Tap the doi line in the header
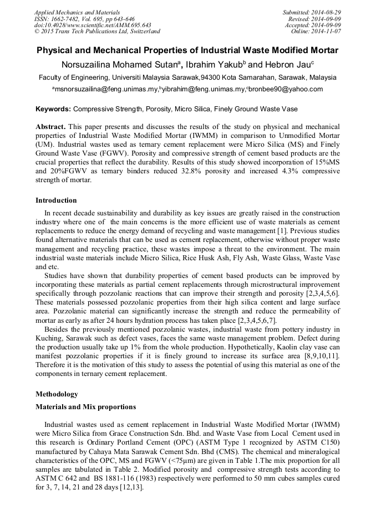point(93,25)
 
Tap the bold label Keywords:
point(53,109)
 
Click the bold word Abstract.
point(50,127)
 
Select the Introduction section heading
point(56,200)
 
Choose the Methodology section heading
point(57,394)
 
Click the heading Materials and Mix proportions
point(85,407)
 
